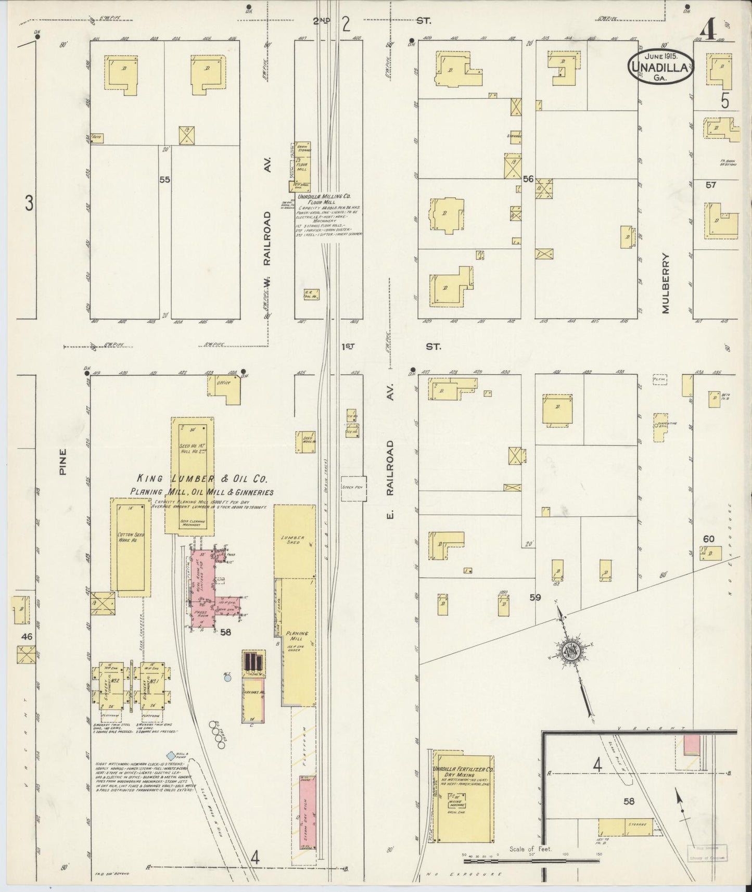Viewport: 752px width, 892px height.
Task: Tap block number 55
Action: [165, 180]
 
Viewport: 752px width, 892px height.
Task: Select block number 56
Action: [528, 179]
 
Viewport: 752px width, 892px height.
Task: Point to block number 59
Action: [535, 597]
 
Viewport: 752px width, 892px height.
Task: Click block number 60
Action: [708, 539]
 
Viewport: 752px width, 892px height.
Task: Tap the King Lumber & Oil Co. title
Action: [202, 479]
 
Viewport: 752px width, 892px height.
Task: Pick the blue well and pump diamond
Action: [170, 755]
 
